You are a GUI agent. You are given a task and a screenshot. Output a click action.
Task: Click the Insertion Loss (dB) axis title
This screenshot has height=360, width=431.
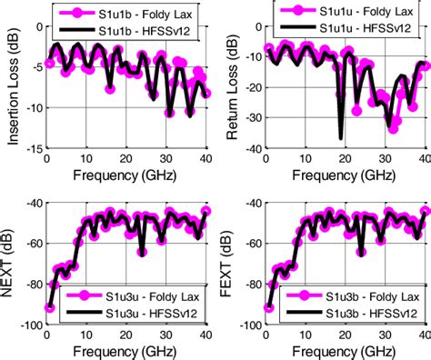pyautogui.click(x=12, y=86)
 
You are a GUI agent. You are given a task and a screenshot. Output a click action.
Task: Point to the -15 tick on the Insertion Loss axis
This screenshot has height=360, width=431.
pyautogui.click(x=31, y=150)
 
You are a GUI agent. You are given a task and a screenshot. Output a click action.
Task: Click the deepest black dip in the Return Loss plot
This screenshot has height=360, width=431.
pyautogui.click(x=342, y=137)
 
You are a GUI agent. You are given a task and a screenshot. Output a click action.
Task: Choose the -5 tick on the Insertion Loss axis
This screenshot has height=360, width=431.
pyautogui.click(x=34, y=65)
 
